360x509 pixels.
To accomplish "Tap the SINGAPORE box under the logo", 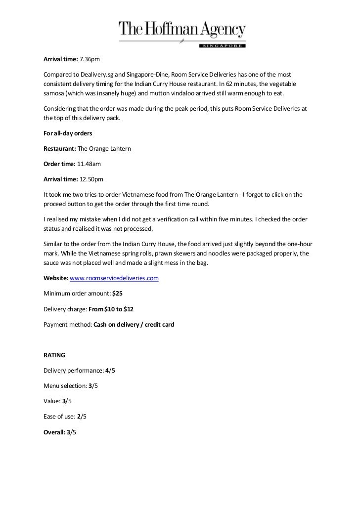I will [222, 45].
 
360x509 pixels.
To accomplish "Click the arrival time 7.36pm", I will [90, 60].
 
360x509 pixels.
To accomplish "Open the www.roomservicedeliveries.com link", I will [115, 278].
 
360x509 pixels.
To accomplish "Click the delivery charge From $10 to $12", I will [111, 309].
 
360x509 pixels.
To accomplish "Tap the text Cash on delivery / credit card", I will [130, 324].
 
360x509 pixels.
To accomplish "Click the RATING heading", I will [54, 355].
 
